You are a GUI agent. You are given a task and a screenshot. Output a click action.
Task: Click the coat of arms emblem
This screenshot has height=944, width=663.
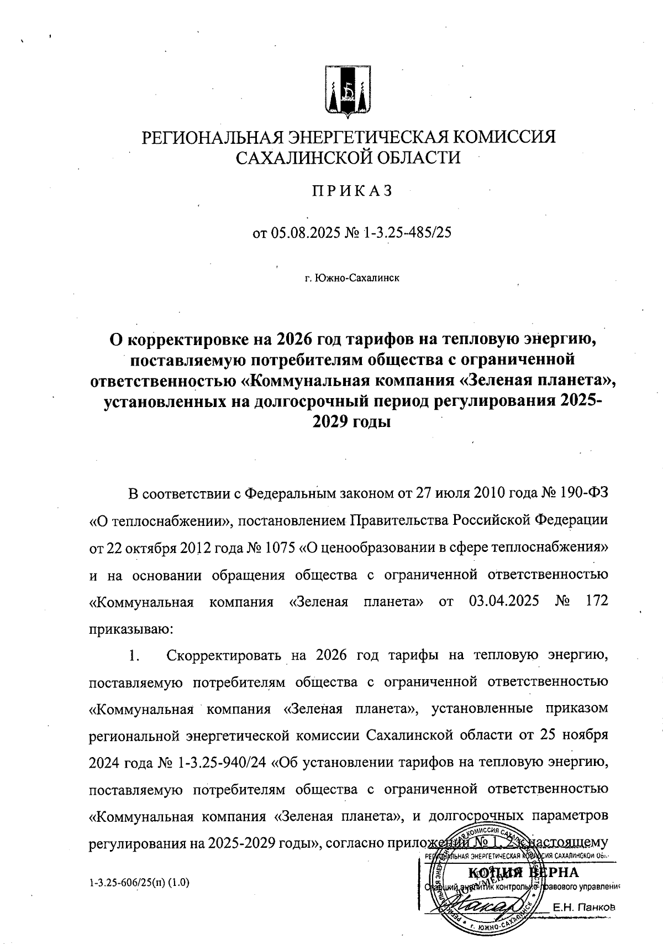click(x=347, y=92)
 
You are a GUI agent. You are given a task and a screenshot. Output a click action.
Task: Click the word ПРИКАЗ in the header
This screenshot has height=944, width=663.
click(x=352, y=191)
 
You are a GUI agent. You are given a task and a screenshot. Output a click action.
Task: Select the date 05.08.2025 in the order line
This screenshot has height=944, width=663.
click(x=302, y=233)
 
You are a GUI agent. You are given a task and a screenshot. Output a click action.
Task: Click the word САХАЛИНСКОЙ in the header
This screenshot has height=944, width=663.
click(x=300, y=158)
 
